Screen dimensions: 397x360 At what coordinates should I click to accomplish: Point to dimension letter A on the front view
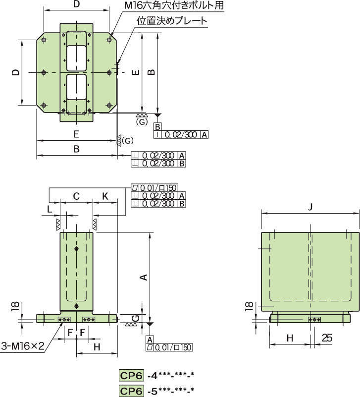coord(144,278)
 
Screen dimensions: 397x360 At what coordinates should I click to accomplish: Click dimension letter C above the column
coord(76,196)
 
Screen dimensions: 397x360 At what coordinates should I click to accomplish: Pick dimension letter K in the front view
coord(105,196)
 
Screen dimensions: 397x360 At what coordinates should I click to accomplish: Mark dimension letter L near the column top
coord(50,209)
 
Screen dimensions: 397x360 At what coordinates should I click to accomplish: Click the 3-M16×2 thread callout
coord(23,345)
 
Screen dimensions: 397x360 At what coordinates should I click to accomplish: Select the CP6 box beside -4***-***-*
coord(131,375)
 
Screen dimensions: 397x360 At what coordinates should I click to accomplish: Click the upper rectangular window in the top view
coord(76,57)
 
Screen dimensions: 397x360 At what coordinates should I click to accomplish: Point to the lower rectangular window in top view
coord(76,88)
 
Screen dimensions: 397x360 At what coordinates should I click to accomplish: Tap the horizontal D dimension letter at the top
coord(76,4)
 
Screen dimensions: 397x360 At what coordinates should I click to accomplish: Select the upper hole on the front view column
coord(76,248)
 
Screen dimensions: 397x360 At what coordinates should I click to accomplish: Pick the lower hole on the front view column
coord(76,305)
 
